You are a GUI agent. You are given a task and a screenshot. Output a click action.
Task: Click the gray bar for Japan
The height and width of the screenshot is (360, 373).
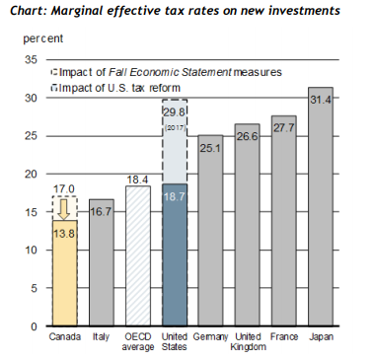pos(321,206)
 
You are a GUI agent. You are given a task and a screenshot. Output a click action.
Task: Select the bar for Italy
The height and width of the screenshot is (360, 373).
pos(102,262)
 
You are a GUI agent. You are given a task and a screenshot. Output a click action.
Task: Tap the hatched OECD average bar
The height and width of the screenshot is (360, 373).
pos(138,255)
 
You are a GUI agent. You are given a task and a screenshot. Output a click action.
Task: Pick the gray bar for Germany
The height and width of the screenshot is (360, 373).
pos(210,230)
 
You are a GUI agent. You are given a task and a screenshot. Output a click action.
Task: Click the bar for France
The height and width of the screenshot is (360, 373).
pos(284,221)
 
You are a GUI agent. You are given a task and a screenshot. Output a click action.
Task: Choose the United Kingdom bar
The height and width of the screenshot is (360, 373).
pos(248,225)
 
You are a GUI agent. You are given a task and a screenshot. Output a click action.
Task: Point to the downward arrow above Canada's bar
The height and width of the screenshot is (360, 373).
pos(65,209)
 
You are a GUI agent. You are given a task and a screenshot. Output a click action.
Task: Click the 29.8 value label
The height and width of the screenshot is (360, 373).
pos(175,112)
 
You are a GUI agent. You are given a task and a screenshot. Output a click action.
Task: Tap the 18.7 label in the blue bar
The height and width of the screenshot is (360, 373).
pos(175,196)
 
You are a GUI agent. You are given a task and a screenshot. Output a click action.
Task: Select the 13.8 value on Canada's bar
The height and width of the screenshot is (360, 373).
pos(64,234)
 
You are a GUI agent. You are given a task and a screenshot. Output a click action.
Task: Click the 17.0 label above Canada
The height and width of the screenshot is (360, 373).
pos(64,189)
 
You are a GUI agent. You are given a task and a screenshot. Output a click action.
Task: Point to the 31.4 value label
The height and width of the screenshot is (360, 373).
pos(321,100)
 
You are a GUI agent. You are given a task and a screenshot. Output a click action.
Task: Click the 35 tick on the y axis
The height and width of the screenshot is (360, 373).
pos(31,59)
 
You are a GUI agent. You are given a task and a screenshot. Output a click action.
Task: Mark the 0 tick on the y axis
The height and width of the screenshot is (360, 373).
pos(34,326)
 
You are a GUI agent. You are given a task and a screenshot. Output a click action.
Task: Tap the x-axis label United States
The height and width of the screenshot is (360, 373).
pos(175,341)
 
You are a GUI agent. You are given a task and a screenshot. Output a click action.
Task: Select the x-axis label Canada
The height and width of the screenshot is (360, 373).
pos(65,337)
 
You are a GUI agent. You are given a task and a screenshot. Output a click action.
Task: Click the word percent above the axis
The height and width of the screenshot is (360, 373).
pos(43,38)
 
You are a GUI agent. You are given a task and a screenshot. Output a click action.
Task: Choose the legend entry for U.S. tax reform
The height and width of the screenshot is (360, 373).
pos(115,88)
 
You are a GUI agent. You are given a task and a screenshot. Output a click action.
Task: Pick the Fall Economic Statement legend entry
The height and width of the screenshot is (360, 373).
pos(167,72)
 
